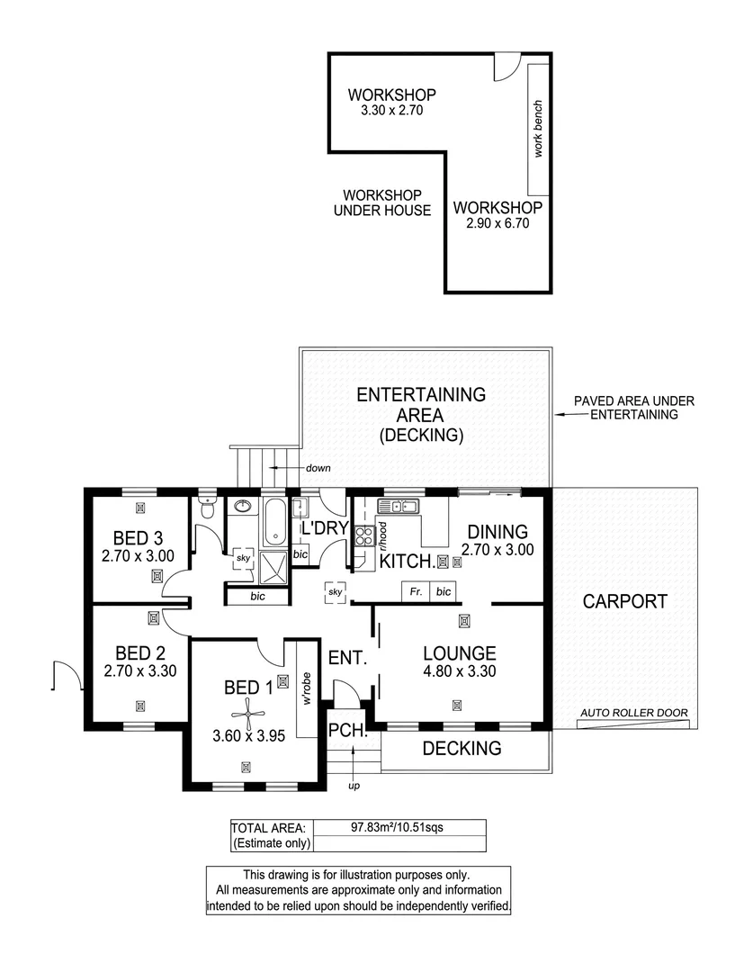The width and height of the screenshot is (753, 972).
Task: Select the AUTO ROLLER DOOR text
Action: click(x=634, y=713)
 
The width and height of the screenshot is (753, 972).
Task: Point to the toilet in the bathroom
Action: click(x=209, y=509)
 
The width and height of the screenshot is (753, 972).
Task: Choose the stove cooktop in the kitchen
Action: click(x=364, y=535)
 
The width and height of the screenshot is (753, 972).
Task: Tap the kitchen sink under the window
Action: click(x=401, y=507)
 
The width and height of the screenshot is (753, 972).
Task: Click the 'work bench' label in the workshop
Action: click(x=538, y=129)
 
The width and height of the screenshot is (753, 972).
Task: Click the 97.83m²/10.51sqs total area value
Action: click(x=398, y=827)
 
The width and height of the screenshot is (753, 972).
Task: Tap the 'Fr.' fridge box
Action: click(x=415, y=591)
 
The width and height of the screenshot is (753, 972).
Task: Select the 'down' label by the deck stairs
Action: click(x=318, y=468)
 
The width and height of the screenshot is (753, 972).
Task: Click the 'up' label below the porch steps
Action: click(x=354, y=786)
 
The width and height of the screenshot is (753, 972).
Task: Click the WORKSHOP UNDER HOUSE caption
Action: click(x=382, y=202)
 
